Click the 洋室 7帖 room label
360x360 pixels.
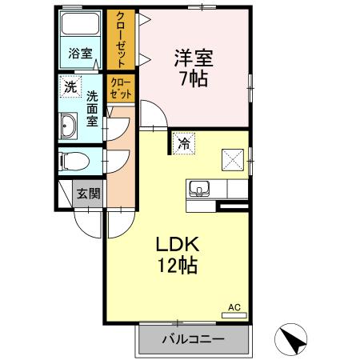pos(194,68)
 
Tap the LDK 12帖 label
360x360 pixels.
pos(178,254)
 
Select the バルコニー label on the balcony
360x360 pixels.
pos(194,339)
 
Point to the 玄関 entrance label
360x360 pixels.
pos(89,194)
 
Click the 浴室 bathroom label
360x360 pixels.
pos(80,54)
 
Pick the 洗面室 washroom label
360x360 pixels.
pos(92,109)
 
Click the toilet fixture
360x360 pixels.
pos(74,162)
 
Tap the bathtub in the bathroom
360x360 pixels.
pos(80,24)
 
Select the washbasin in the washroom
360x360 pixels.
pos(69,126)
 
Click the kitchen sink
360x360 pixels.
pos(199,188)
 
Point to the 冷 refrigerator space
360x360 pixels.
pos(184,143)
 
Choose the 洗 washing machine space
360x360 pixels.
pos(70,86)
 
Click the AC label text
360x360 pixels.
pos(234,307)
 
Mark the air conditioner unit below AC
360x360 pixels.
pos(234,315)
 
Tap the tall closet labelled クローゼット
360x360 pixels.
pos(121,40)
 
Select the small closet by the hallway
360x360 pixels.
pos(121,88)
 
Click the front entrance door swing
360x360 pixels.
pos(88,223)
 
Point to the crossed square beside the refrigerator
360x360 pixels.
pos(233,160)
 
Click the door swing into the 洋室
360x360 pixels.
pos(154,115)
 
